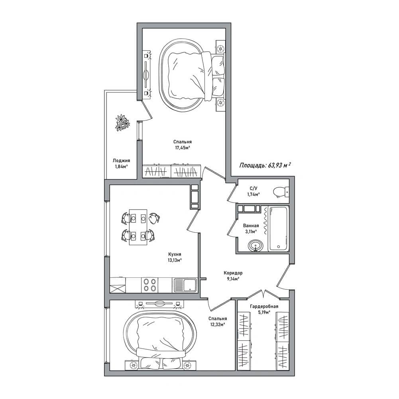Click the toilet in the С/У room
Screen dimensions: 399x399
click(281, 192)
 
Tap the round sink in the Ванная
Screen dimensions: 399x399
click(256, 246)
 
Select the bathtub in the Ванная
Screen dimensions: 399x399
click(279, 228)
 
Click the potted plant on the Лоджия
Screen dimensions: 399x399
click(123, 123)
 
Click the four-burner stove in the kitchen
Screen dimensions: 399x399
click(150, 285)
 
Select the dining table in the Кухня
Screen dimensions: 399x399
click(138, 227)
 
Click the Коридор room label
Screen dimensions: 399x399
click(233, 273)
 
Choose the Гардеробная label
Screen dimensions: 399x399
click(264, 307)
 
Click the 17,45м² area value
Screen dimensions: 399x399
click(183, 148)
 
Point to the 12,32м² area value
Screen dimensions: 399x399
click(217, 324)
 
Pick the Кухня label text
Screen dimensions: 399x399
click(175, 254)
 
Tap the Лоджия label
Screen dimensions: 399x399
click(122, 161)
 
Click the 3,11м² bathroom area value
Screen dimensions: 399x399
click(251, 232)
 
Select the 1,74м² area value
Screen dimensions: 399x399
click(254, 195)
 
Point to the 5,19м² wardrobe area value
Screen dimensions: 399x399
click(264, 313)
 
